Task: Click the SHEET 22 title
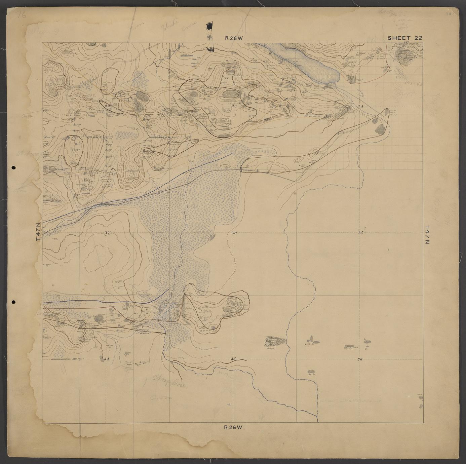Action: [x=404, y=38]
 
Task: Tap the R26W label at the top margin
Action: [x=234, y=38]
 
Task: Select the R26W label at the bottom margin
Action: [x=233, y=427]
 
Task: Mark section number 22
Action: [x=108, y=106]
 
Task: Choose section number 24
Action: [x=361, y=106]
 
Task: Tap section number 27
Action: [x=107, y=233]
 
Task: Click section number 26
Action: [x=234, y=233]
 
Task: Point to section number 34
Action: [x=107, y=359]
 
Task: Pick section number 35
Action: [x=233, y=359]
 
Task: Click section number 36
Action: [x=359, y=359]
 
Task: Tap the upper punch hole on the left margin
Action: [x=13, y=167]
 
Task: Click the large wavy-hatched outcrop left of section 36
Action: [x=275, y=341]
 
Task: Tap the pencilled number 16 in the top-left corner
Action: [x=23, y=15]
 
